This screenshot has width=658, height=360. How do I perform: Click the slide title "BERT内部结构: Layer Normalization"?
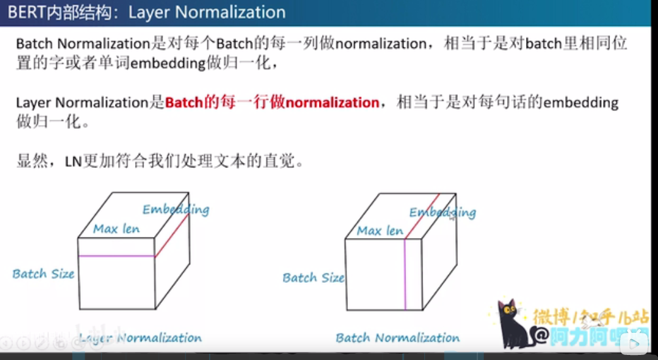147,12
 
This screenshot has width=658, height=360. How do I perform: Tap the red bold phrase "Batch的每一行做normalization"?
272,103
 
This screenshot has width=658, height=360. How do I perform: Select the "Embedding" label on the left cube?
176,209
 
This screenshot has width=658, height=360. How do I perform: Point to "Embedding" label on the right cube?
442,212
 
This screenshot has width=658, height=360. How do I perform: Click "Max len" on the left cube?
116,229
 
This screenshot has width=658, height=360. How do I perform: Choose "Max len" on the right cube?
380,231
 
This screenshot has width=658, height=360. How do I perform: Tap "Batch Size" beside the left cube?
43,274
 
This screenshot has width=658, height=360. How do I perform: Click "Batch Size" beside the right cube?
313,278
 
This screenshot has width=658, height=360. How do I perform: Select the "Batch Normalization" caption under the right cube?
398,338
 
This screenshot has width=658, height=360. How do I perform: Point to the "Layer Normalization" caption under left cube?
140,339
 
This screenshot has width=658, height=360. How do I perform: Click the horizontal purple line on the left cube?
116,256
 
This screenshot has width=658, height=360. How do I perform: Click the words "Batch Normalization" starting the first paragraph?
81,44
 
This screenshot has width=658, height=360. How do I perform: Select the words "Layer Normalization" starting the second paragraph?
81,103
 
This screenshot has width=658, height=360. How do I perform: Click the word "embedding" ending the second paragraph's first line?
581,103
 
